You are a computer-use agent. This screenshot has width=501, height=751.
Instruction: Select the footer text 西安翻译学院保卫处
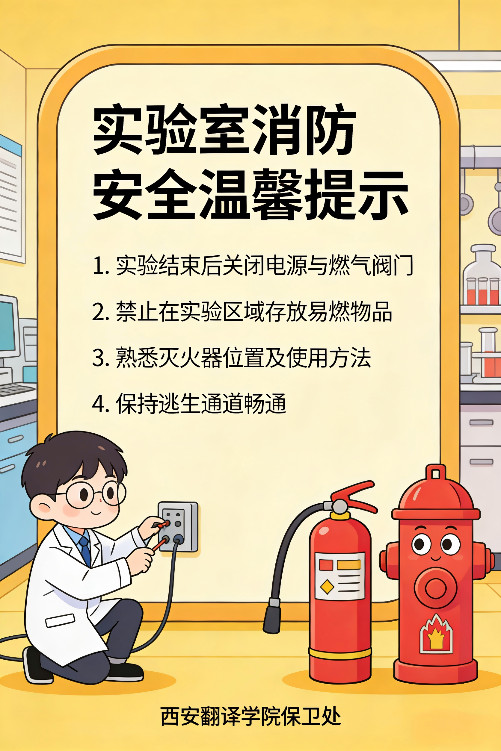tap(251, 716)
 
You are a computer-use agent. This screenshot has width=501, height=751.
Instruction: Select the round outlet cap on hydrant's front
tap(435, 588)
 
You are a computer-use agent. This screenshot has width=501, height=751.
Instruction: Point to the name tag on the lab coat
tap(60, 620)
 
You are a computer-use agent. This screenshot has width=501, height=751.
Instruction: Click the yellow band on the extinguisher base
tap(340, 652)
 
